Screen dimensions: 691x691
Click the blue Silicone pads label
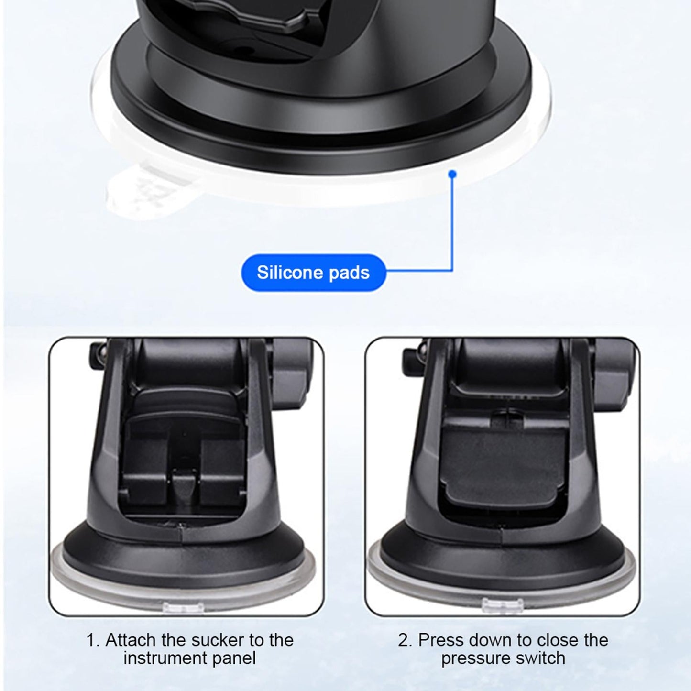[313, 273]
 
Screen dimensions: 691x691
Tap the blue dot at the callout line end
[453, 175]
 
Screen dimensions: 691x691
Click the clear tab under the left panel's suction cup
[184, 607]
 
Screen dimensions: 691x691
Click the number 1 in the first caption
[91, 640]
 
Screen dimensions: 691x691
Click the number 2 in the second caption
[404, 640]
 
